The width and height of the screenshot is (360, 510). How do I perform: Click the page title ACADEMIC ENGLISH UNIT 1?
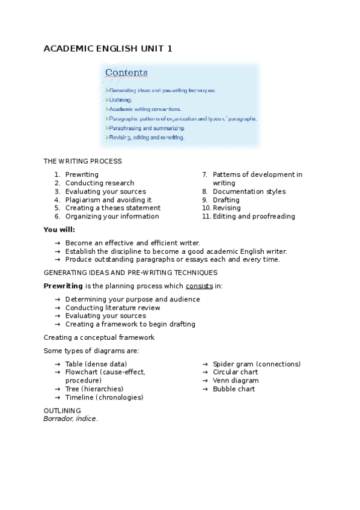(108, 49)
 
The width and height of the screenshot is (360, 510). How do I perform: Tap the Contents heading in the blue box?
(126, 73)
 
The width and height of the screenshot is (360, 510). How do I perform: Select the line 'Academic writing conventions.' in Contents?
(145, 109)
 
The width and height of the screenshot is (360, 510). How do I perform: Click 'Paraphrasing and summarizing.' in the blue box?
(147, 128)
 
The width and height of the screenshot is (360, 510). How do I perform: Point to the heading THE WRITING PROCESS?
(82, 161)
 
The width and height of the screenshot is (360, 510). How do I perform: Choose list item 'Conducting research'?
(100, 183)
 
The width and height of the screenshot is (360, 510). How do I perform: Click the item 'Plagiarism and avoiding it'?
(108, 200)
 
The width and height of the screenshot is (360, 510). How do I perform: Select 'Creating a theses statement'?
(113, 208)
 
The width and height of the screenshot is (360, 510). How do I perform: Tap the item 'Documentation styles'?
(249, 191)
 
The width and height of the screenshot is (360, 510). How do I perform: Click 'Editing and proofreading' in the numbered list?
(254, 217)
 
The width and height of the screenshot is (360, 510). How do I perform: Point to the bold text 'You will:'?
(59, 229)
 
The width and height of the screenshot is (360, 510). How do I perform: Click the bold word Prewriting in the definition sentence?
(63, 286)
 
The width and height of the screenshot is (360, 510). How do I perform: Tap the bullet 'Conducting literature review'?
(113, 307)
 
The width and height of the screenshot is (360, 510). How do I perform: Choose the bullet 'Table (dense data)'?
(96, 364)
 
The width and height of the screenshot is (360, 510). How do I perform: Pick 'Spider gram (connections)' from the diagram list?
(257, 364)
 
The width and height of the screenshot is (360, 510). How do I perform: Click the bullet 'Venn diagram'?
(236, 381)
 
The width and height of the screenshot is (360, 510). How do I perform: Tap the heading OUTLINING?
(62, 410)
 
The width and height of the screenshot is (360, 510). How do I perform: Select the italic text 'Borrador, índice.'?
(70, 419)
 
